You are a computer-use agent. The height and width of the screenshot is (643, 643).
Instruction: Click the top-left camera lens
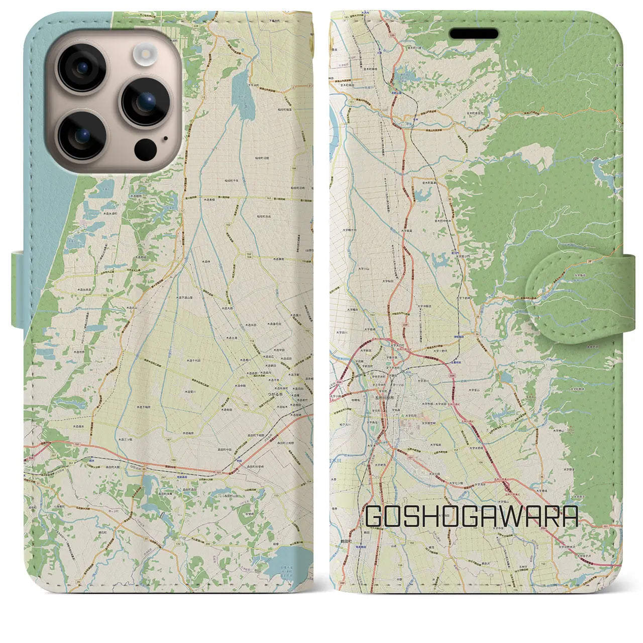point(81,67)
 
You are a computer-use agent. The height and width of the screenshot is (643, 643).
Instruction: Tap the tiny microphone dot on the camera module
point(165,139)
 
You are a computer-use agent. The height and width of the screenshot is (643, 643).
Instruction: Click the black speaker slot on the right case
point(474,34)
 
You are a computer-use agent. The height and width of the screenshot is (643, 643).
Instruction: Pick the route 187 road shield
point(168,439)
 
